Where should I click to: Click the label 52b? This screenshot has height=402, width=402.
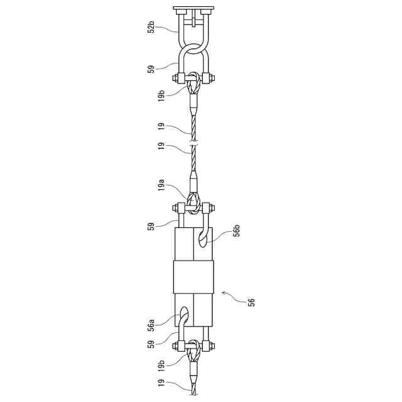pyautogui.click(x=151, y=28)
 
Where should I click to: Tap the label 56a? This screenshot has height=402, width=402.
pyautogui.click(x=151, y=325)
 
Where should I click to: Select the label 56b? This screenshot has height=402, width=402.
pyautogui.click(x=237, y=231)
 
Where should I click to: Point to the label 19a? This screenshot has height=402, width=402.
pyautogui.click(x=161, y=185)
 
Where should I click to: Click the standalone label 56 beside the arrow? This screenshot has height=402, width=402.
pyautogui.click(x=252, y=302)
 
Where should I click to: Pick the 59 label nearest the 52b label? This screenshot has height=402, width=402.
pyautogui.click(x=151, y=70)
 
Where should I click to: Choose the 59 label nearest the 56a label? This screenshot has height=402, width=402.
pyautogui.click(x=151, y=344)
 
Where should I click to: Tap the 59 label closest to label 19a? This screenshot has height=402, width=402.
pyautogui.click(x=151, y=226)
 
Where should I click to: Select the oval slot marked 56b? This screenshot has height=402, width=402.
pyautogui.click(x=204, y=238)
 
